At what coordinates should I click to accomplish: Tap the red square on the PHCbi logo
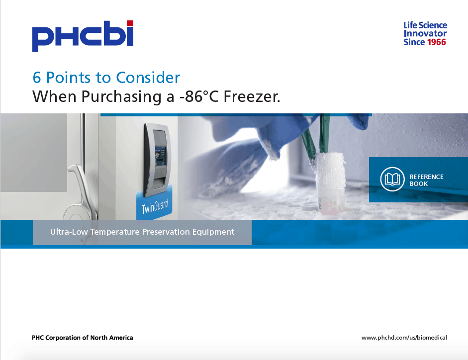pyautogui.click(x=130, y=23)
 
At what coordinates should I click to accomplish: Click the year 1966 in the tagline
pyautogui.click(x=437, y=42)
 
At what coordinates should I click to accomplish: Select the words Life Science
pyautogui.click(x=425, y=25)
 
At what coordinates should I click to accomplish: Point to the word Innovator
pyautogui.click(x=425, y=33)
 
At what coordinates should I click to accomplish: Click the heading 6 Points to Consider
pyautogui.click(x=106, y=78)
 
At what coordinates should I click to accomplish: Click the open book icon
pyautogui.click(x=392, y=180)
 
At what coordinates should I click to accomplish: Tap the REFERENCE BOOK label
pyautogui.click(x=426, y=180)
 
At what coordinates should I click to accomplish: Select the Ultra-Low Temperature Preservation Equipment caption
pyautogui.click(x=142, y=232)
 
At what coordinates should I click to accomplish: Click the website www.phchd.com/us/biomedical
pyautogui.click(x=404, y=338)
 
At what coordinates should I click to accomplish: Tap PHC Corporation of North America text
pyautogui.click(x=83, y=338)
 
